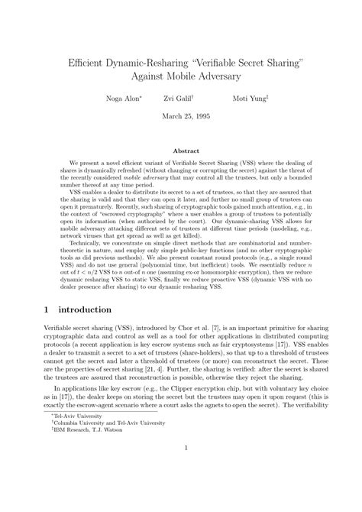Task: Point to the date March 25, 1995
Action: point(181,116)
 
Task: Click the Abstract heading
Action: point(181,151)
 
